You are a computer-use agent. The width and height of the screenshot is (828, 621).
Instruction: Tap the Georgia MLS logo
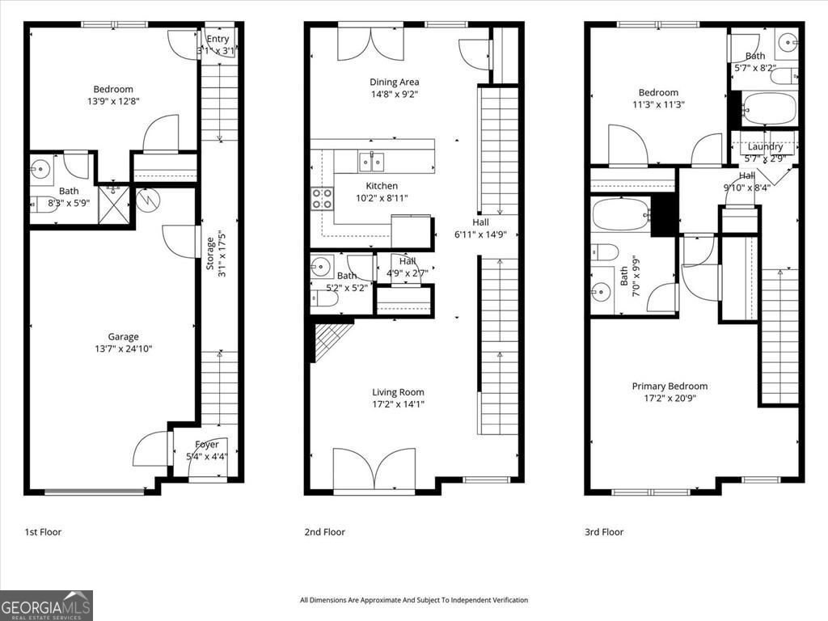point(46,605)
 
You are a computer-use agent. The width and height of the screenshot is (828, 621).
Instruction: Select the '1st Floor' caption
point(43,532)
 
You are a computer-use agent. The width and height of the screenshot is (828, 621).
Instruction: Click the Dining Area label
point(395,82)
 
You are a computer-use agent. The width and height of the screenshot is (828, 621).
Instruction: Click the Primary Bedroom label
point(670,387)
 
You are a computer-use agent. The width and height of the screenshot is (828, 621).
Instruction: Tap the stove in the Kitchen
point(322,198)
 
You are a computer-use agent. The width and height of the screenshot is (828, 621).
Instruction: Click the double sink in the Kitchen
point(372,162)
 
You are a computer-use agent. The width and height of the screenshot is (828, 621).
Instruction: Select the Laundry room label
point(765,146)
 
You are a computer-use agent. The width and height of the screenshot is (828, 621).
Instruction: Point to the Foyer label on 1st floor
point(207,445)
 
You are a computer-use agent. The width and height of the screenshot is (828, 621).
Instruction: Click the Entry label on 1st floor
point(218,39)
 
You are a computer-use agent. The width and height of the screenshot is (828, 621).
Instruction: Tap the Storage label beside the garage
point(210,252)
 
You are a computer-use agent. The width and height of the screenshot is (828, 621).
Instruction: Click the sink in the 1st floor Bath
point(41,169)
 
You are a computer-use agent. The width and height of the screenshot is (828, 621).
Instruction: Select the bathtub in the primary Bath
point(620,215)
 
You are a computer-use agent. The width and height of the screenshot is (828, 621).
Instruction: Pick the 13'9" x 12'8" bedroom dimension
point(113,101)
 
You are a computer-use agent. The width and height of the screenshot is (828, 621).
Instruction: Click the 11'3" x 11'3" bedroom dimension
point(657,104)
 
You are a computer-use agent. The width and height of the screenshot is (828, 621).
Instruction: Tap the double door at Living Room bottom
point(374,471)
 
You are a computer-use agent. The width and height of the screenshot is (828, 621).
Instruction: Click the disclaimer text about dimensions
point(413,600)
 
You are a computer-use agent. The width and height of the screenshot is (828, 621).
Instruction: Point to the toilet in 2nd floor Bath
point(325,298)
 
